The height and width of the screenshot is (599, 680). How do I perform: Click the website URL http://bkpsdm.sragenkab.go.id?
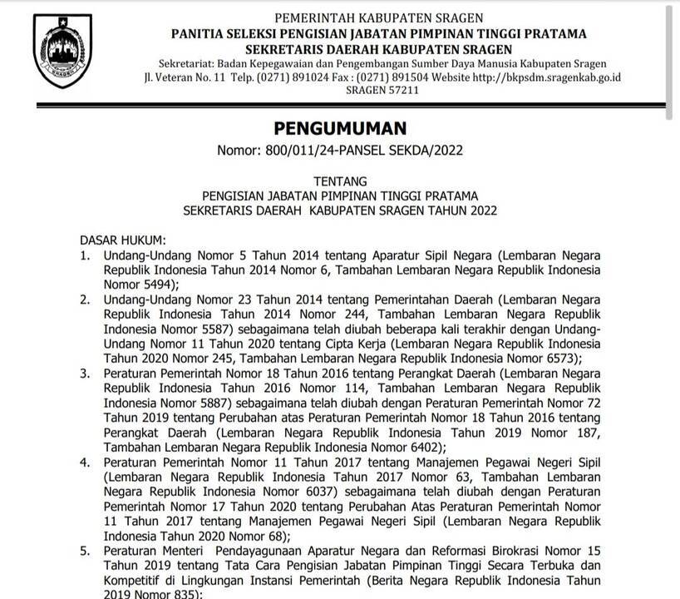(546, 77)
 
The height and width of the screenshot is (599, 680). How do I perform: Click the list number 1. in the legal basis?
(86, 254)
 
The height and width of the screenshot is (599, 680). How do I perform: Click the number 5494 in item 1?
(157, 284)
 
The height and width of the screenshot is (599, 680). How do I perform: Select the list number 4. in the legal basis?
(86, 463)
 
